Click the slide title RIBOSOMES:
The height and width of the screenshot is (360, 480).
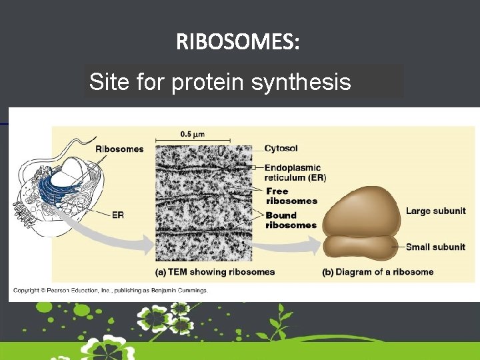pos(238,43)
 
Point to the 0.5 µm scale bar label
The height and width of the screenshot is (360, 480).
pos(193,133)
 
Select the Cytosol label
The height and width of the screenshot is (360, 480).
pos(281,148)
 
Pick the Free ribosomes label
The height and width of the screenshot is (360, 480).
pos(291,196)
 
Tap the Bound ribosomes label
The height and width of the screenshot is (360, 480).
pos(291,220)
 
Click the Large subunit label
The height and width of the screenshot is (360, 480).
pos(435,211)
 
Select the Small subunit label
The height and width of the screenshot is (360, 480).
pos(435,247)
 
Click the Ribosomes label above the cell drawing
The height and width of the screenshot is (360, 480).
pos(119,149)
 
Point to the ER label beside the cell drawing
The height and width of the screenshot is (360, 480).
pos(117,215)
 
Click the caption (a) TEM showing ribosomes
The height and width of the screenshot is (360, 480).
pos(215,272)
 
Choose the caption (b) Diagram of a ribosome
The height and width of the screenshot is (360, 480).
pos(377,272)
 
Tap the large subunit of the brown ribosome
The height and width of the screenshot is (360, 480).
pos(360,210)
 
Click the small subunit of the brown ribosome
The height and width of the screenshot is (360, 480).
pos(360,247)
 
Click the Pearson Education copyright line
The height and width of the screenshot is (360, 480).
pos(111,291)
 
